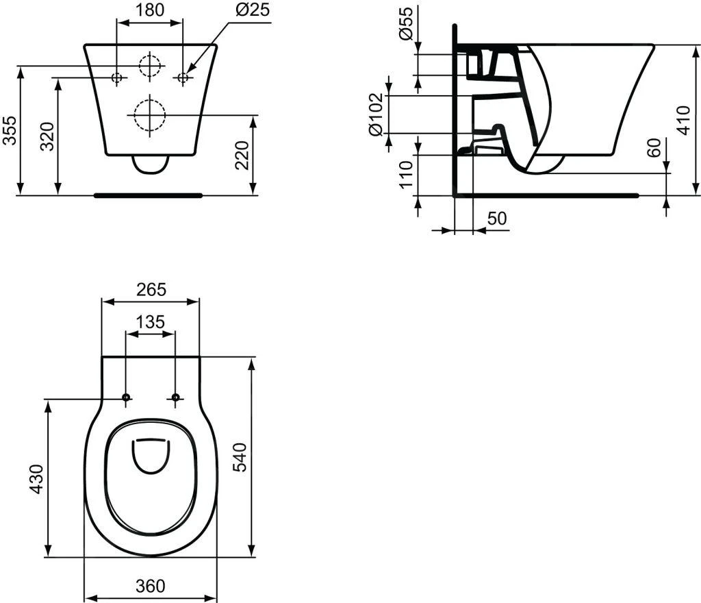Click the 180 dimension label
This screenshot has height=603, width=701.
click(150, 12)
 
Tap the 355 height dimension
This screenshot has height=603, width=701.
click(10, 130)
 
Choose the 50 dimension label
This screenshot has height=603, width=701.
click(497, 219)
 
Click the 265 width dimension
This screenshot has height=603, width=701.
click(151, 290)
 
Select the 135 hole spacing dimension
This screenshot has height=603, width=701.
click(151, 322)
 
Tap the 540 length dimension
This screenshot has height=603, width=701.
click(240, 457)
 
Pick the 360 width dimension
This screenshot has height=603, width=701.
click(150, 586)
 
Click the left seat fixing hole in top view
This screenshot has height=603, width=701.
click(126, 397)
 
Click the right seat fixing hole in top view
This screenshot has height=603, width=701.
click(175, 397)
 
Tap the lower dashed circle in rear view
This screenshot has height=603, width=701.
click(149, 114)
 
